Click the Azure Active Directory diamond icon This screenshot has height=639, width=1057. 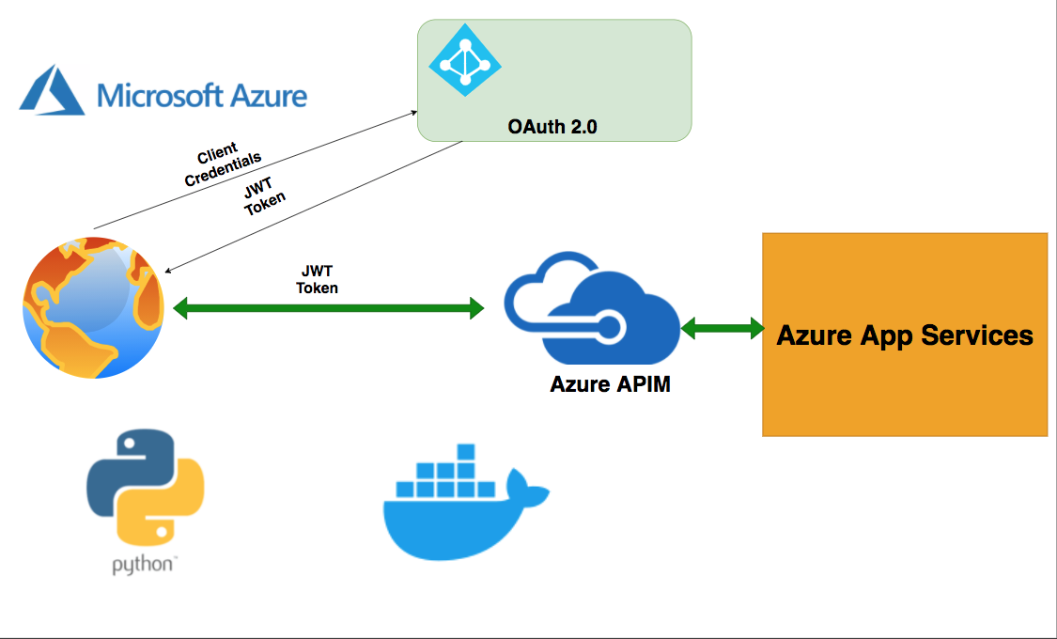coord(464,59)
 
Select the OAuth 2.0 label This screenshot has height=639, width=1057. coord(552,127)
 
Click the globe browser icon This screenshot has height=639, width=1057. coord(93,307)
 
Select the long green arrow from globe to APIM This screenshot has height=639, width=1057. coord(328,307)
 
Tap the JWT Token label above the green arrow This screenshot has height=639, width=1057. coord(318,280)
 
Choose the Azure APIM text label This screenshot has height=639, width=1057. coord(610,383)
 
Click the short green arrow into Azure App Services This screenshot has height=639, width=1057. coord(722,328)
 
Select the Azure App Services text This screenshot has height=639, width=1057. coord(904,335)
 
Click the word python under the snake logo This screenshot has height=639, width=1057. coord(142,565)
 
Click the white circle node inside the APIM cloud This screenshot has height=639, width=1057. coord(610,326)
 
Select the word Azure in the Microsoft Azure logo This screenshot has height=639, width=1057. coord(269,96)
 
